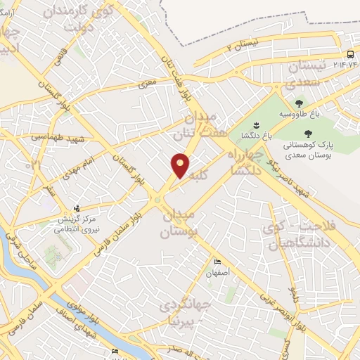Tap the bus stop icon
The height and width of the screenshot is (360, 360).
click(x=349, y=55)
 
